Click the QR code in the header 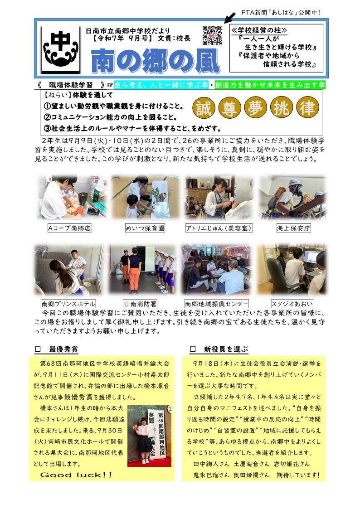tap(213, 35)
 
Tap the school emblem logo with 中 tap(61, 49)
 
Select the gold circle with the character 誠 tap(204, 108)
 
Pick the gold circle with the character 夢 tap(255, 108)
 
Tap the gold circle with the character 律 tap(307, 108)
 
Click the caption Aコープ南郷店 tap(69, 228)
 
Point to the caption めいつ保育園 tap(145, 228)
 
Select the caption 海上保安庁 tap(293, 228)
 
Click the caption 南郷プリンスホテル tap(68, 304)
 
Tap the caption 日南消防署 tap(140, 304)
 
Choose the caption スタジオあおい tap(292, 304)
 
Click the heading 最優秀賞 tap(63, 349)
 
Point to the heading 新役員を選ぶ tap(226, 349)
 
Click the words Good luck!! tap(76, 475)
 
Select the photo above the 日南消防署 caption tap(143, 270)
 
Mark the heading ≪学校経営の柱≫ tap(259, 30)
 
